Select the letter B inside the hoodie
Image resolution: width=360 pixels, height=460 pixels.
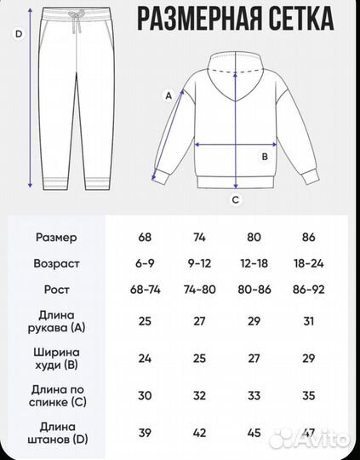[265, 156]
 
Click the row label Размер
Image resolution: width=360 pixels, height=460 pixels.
[56, 237]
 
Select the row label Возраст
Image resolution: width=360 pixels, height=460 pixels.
[56, 263]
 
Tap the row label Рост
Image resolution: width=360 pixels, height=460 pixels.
[56, 290]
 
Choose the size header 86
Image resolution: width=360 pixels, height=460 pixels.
[307, 237]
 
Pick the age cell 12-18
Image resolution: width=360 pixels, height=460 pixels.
[253, 263]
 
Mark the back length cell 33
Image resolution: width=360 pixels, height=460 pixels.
[253, 396]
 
